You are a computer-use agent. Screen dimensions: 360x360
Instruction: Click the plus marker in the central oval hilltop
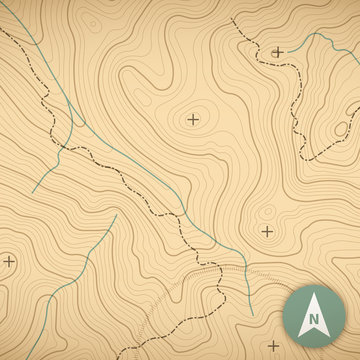tap(192, 120)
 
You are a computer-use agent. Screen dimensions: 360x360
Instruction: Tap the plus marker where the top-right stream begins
tap(278, 51)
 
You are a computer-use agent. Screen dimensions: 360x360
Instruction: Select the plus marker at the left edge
tap(9, 261)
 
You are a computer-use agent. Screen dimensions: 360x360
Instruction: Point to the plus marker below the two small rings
tap(267, 231)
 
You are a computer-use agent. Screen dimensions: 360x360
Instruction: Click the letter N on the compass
tap(314, 321)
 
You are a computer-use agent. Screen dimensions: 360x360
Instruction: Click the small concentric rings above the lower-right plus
tap(267, 212)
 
